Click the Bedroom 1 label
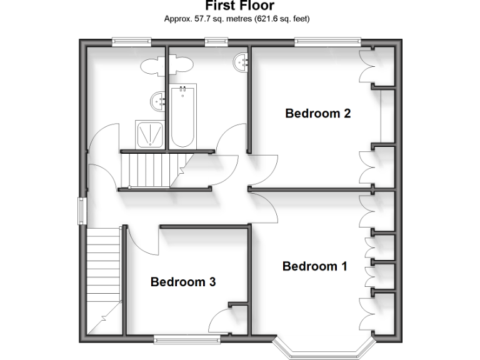pos(314,266)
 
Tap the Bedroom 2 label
pos(318,113)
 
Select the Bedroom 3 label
pos(183,282)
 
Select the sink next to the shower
pos(157,100)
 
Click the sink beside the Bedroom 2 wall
pos(242,62)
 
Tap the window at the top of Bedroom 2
pos(327,42)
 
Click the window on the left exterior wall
pos(81,211)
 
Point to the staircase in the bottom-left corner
pos(102,275)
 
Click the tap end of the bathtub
pos(183,92)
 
